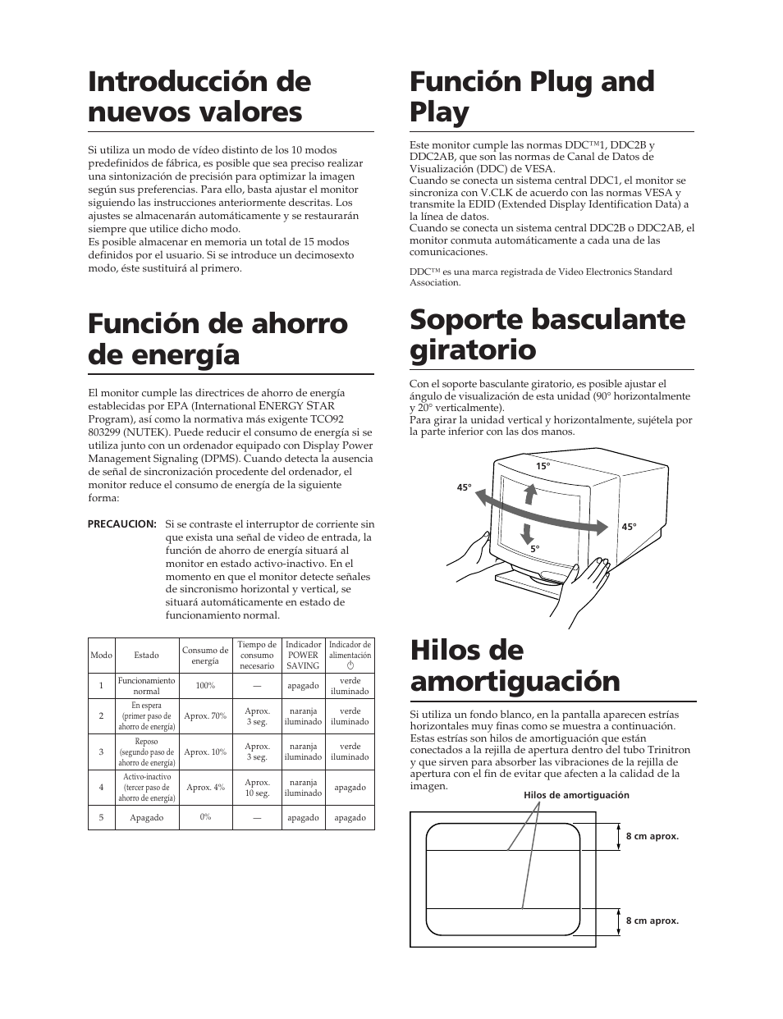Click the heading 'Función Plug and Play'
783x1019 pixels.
pos(532,97)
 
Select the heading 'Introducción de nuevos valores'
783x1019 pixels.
pos(199,97)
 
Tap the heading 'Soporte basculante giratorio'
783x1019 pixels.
pos(547,334)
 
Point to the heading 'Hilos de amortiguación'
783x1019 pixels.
pos(515,665)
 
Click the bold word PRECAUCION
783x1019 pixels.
pos(122,523)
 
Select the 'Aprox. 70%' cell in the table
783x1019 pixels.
pos(205,716)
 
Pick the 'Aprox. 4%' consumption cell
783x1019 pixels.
pos(205,788)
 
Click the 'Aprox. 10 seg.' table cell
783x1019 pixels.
pos(257,788)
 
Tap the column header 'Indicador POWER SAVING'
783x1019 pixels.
pos(303,656)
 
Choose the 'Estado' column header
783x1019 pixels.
pos(147,656)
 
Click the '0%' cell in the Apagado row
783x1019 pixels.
pos(205,817)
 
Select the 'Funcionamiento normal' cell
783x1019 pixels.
pos(147,686)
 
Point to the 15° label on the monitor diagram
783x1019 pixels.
pos(542,466)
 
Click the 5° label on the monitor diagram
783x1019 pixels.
pos(535,549)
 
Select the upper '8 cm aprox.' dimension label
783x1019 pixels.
pos(652,837)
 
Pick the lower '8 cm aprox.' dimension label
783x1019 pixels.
pos(652,921)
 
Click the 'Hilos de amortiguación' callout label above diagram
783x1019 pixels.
pos(576,795)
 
